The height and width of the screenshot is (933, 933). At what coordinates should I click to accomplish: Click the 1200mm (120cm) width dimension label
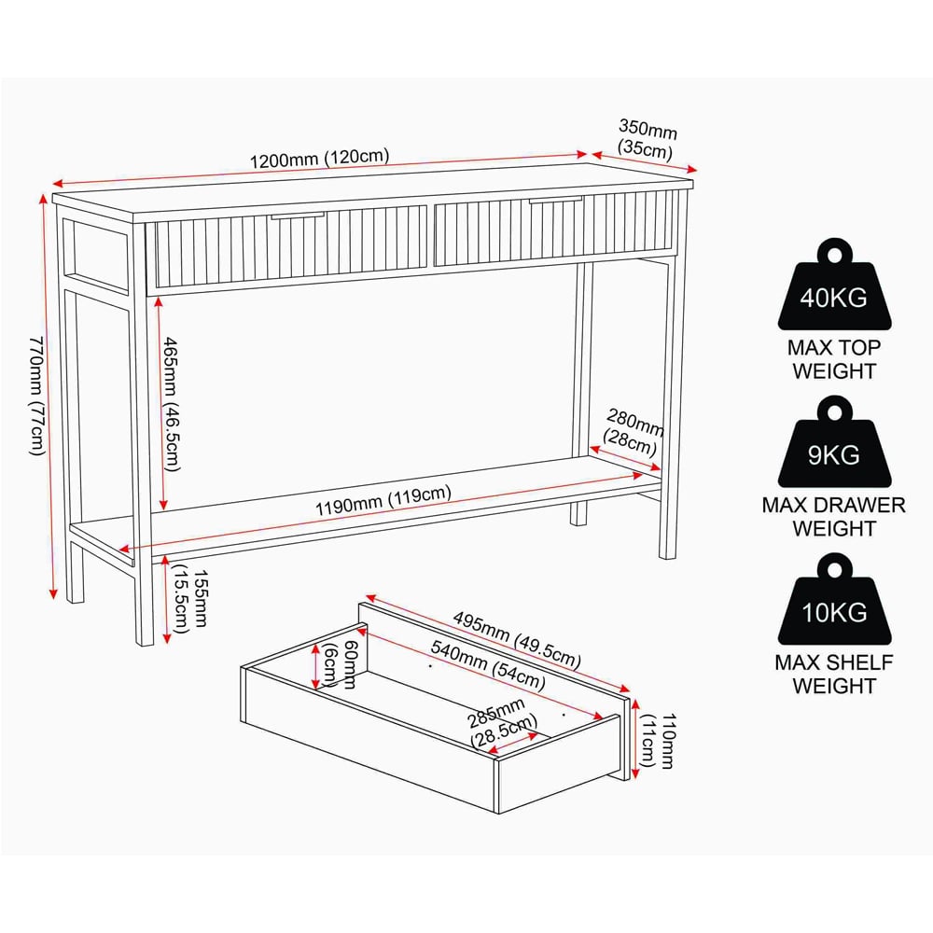click(x=319, y=159)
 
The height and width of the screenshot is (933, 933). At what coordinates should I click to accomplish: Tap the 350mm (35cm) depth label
click(x=647, y=139)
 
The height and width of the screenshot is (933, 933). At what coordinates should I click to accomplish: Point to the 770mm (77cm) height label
click(x=37, y=396)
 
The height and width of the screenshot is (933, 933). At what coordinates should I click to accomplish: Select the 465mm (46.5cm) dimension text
click(x=172, y=404)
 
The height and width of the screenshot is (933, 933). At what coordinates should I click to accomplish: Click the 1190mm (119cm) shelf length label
click(x=383, y=501)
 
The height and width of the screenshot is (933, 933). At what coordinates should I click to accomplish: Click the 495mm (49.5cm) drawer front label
click(x=517, y=639)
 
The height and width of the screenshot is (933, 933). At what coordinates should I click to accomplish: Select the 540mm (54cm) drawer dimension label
click(x=488, y=664)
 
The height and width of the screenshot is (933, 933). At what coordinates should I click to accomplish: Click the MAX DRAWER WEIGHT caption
click(x=833, y=517)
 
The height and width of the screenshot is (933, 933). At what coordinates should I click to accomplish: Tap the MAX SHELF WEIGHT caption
click(x=833, y=674)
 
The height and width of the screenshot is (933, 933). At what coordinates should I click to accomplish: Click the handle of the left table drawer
click(x=298, y=216)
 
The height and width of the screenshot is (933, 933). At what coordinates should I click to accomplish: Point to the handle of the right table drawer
click(x=556, y=200)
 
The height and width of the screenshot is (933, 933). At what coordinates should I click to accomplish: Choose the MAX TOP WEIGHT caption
click(x=833, y=359)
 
